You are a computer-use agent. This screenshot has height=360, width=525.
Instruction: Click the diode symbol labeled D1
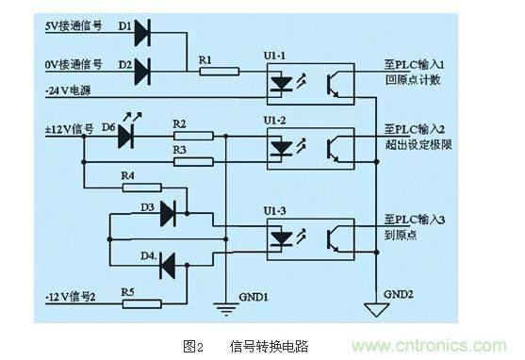(x=143, y=35)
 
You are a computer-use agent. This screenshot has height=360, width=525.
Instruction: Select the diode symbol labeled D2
(x=143, y=70)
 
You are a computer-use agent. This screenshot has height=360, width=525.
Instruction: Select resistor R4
(x=143, y=187)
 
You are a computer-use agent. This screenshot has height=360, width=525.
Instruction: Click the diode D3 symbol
(x=168, y=214)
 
